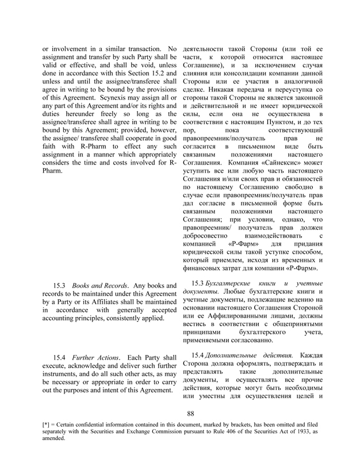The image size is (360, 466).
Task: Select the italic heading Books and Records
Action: [99, 285]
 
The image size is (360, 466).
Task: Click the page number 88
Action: [192, 412]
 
